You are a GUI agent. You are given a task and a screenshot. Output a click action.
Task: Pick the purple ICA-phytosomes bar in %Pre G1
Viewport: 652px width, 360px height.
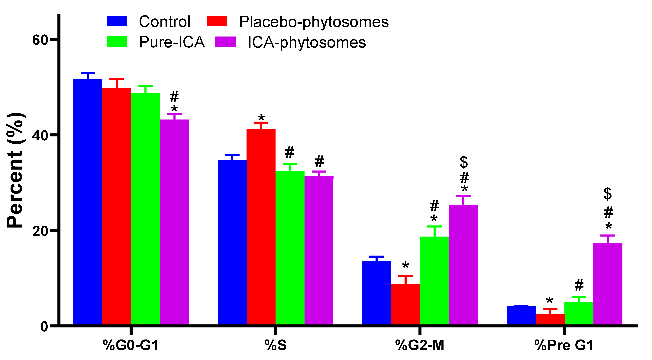[x=608, y=284]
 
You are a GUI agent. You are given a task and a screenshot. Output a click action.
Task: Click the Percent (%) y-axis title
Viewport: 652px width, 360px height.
[x=15, y=170]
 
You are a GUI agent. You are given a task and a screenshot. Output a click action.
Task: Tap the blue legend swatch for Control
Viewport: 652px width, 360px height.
[x=117, y=21]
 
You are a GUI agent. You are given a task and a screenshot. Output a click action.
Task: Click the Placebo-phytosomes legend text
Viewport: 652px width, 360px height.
[x=314, y=22]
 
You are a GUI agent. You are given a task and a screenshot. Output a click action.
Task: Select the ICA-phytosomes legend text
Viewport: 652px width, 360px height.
[x=307, y=42]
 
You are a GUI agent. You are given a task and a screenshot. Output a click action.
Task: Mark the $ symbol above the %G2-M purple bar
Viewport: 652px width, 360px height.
[x=464, y=162]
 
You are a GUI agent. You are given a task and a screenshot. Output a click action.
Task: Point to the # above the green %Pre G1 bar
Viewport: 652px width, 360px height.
[x=579, y=285]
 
